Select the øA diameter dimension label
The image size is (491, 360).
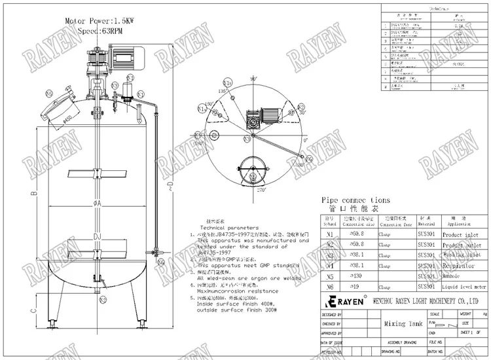pos(96,204)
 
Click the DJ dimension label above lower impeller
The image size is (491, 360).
pos(96,236)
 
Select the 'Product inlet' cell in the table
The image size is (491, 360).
pos(460,234)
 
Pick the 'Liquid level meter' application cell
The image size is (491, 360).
pos(464,287)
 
